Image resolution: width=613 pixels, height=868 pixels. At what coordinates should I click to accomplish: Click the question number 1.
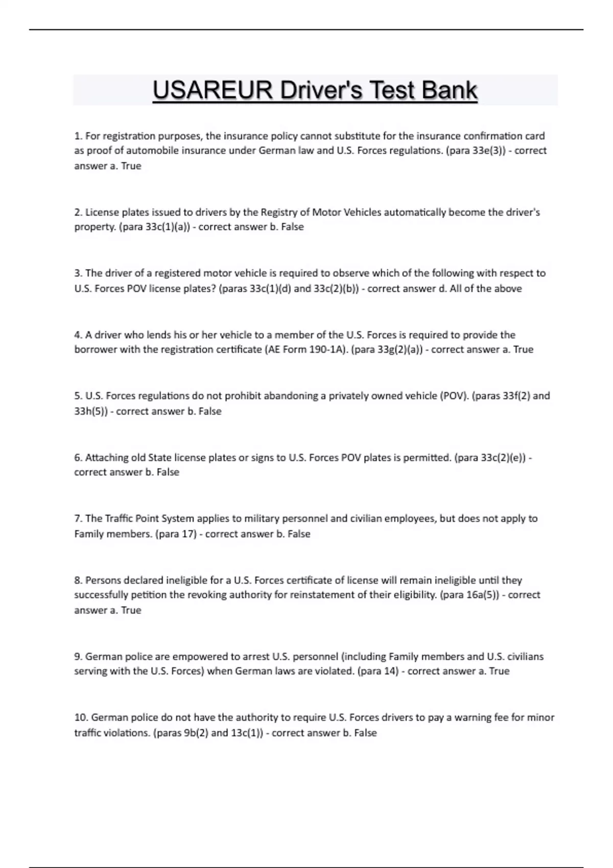click(x=78, y=136)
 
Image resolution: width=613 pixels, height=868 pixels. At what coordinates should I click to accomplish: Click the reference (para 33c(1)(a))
click(x=154, y=227)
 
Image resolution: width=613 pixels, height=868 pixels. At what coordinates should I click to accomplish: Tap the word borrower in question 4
click(x=96, y=350)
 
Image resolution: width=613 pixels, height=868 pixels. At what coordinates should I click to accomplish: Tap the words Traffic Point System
click(x=150, y=519)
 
